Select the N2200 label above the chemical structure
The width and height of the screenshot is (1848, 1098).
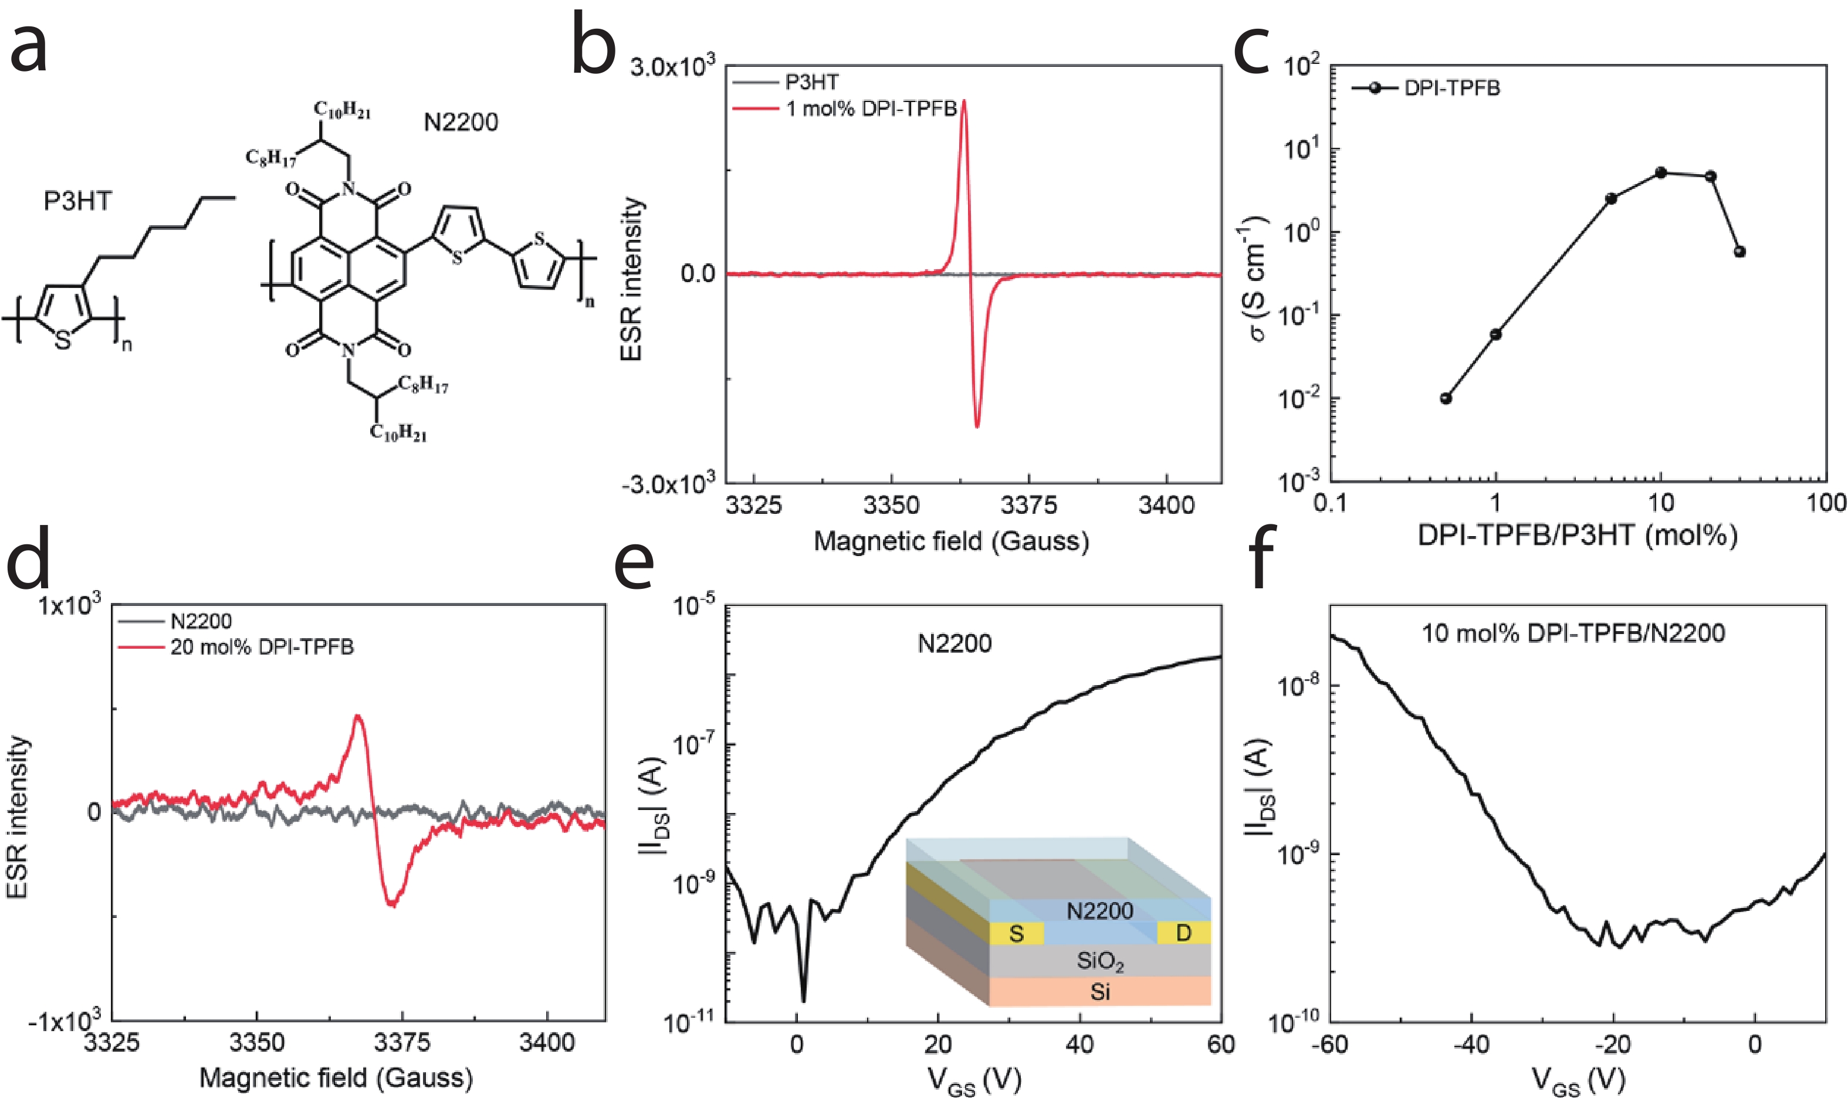[x=461, y=122]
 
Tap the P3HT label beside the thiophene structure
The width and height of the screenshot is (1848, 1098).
[x=77, y=201]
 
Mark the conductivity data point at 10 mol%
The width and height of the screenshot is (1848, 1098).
[x=1661, y=173]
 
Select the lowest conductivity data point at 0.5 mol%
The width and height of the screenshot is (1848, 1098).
[x=1446, y=399]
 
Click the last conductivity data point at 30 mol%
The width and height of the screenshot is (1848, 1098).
[x=1740, y=252]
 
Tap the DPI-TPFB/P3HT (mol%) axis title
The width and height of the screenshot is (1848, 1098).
[x=1577, y=534]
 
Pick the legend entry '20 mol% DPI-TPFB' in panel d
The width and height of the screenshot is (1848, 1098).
[x=261, y=648]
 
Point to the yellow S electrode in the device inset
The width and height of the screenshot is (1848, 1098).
[x=1017, y=934]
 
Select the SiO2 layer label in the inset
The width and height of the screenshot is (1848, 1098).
[x=1100, y=962]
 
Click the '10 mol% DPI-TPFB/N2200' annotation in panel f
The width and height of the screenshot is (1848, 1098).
[x=1573, y=633]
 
